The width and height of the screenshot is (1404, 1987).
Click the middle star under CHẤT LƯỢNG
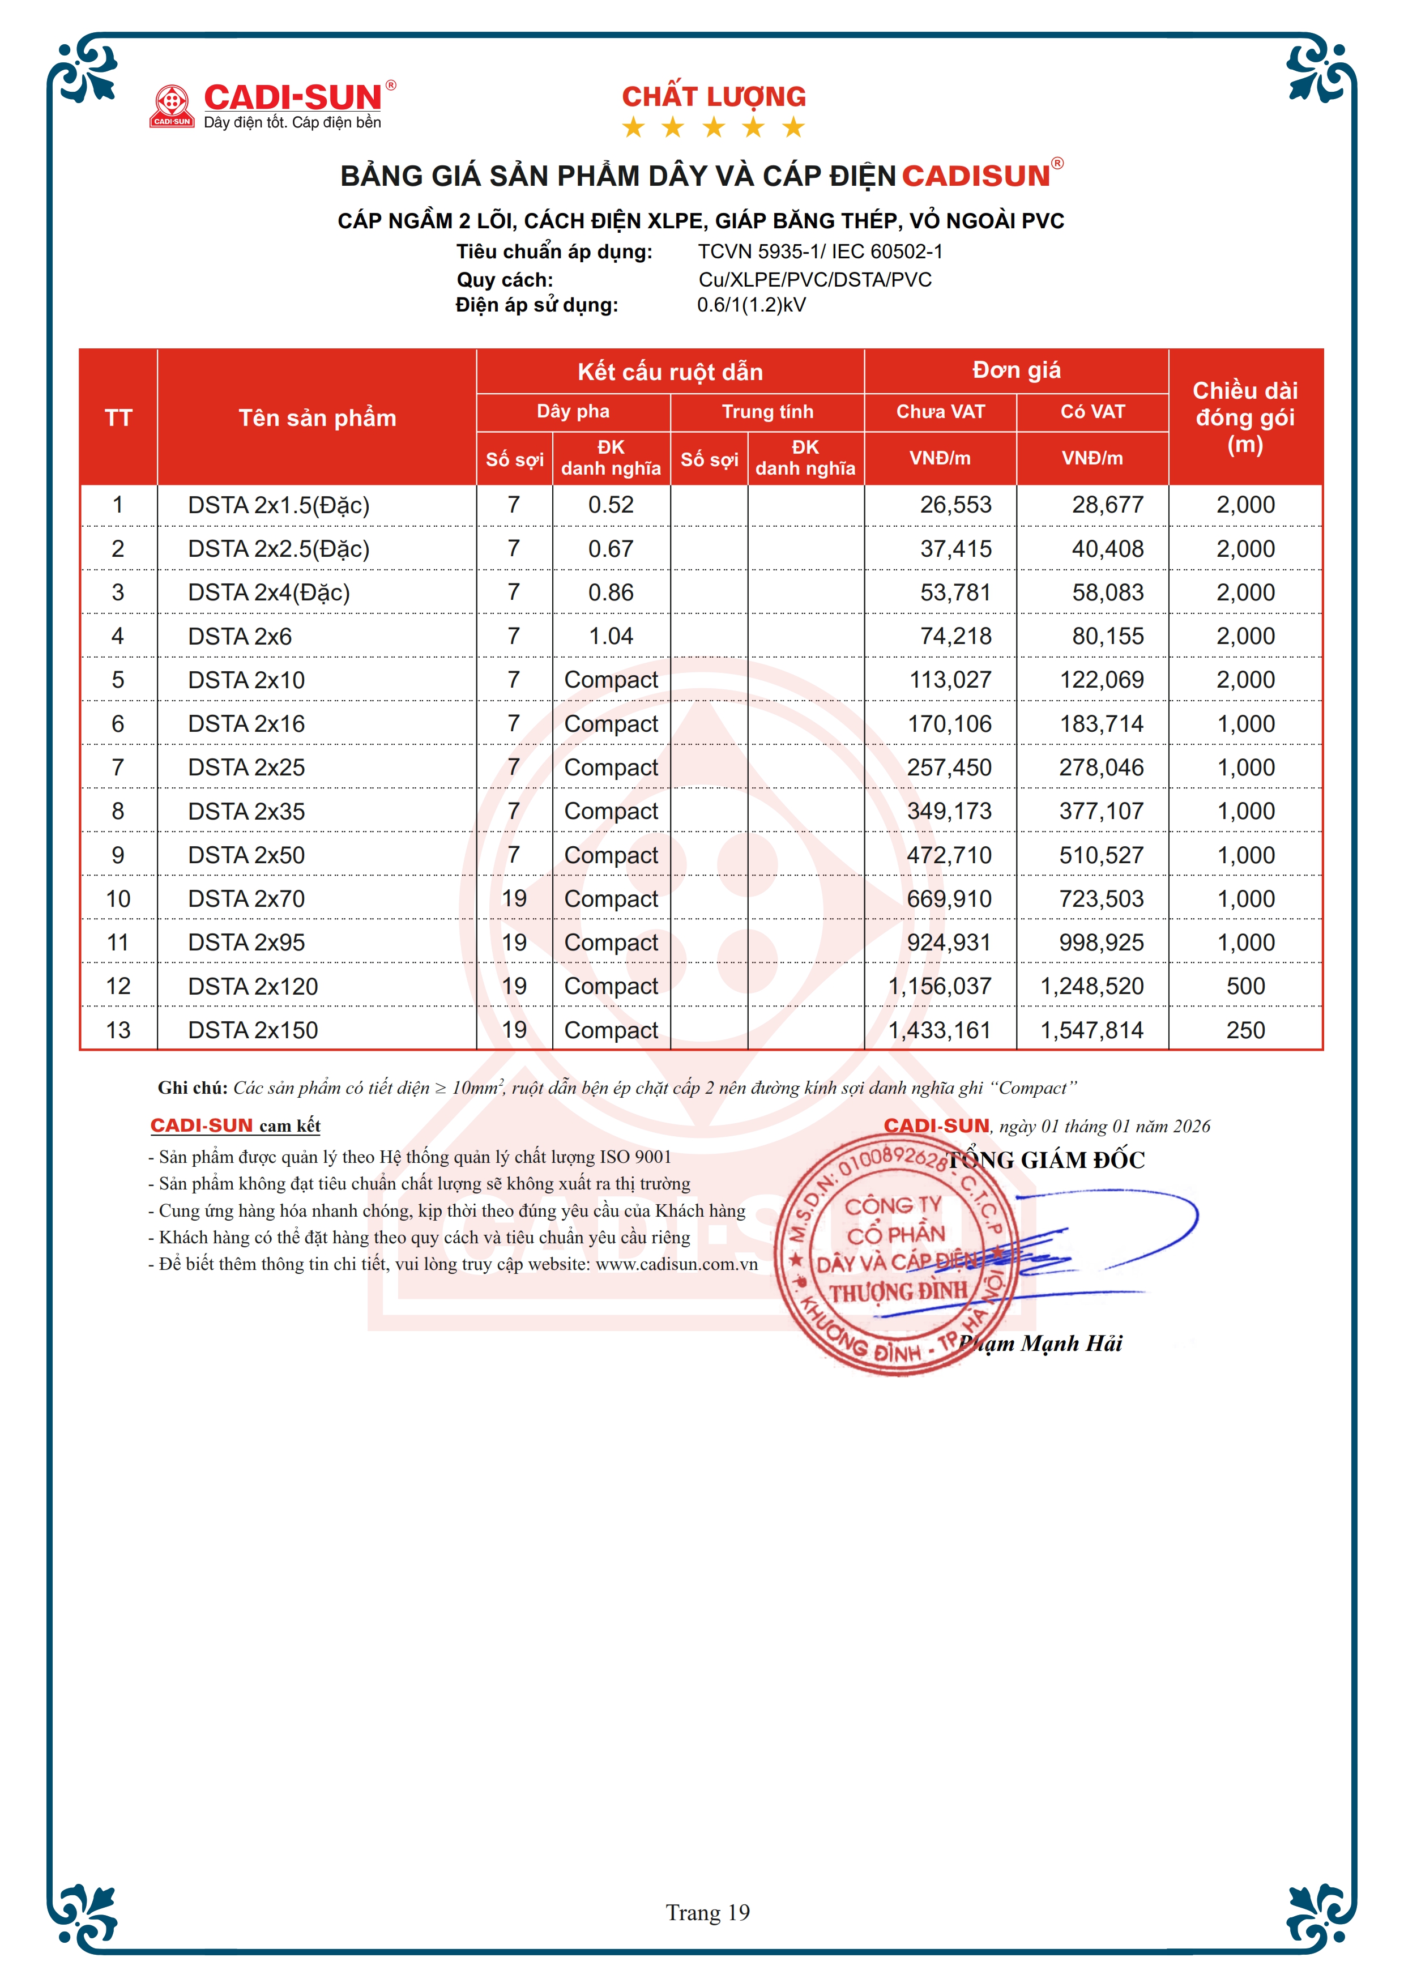(714, 128)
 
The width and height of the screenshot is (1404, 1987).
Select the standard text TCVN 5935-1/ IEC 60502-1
(820, 252)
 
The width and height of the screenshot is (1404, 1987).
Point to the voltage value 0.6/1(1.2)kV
(751, 305)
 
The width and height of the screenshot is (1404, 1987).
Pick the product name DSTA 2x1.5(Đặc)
(279, 505)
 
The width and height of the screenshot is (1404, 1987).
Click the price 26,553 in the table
(955, 505)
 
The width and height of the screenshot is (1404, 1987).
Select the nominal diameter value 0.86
(611, 593)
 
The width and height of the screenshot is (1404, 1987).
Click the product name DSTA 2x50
(246, 855)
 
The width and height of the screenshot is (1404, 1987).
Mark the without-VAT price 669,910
(949, 899)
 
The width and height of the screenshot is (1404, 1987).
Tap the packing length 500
(1245, 987)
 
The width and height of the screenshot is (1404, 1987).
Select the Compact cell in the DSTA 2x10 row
(611, 680)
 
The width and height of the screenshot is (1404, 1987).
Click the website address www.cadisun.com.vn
(676, 1264)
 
